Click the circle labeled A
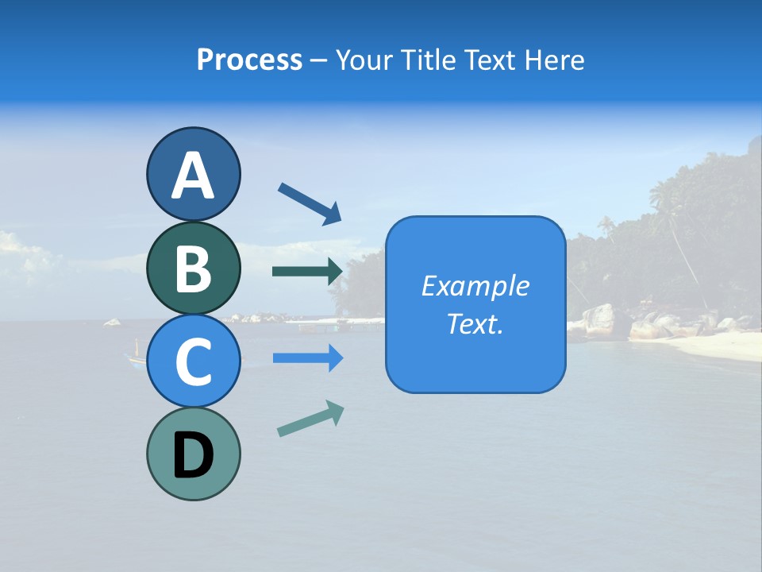tap(193, 175)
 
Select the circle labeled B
tap(193, 268)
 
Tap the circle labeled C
tap(193, 361)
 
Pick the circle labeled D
tap(193, 454)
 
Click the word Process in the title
tap(249, 60)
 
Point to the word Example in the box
tap(475, 286)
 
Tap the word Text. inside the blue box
tap(475, 323)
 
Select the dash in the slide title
tap(319, 60)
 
